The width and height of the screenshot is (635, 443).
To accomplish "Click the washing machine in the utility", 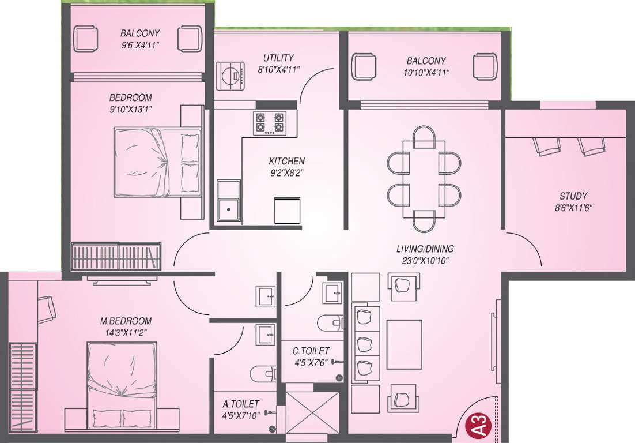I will (x=230, y=76).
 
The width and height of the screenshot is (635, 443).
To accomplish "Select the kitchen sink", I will (x=229, y=202).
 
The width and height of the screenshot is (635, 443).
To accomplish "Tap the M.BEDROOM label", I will (x=125, y=321).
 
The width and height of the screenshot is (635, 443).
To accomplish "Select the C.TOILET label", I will (x=311, y=351).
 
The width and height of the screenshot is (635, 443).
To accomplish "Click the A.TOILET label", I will (x=241, y=404).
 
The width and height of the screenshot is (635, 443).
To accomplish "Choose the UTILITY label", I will (x=278, y=58).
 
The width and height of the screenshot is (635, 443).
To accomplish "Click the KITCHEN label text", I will (x=286, y=161).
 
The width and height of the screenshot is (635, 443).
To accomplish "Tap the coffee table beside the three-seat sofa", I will (x=404, y=344).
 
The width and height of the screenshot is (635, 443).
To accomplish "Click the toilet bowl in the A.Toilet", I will (x=263, y=373).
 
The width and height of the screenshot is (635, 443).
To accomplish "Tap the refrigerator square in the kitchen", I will (x=287, y=211).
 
